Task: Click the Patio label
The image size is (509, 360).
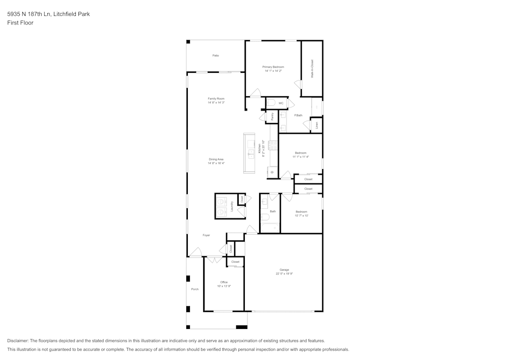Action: pos(216,56)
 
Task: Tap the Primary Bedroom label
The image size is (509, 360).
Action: pos(273,67)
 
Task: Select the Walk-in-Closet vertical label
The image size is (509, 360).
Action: pos(312,68)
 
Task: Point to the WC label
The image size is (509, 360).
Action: pos(281,103)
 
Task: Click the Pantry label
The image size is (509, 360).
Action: pos(272,117)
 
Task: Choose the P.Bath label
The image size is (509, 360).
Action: pos(298,116)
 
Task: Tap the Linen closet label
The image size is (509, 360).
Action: pos(317,125)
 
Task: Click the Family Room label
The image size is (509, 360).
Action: pos(216,99)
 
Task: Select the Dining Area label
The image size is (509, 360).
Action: pos(216,159)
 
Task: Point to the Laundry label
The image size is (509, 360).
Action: pos(232,206)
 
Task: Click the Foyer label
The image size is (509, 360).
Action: pos(206,235)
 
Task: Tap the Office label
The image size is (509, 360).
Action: pos(224,282)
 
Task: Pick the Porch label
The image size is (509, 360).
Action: pos(194,289)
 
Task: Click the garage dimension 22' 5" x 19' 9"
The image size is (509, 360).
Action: pos(284,274)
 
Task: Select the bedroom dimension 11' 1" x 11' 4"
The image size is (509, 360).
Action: pos(300,157)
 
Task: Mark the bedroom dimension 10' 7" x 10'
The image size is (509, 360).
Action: pos(301,216)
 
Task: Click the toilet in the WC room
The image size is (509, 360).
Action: pos(271,103)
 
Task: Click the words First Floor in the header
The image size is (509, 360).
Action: pos(20,23)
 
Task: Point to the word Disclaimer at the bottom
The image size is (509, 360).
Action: pos(18,341)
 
